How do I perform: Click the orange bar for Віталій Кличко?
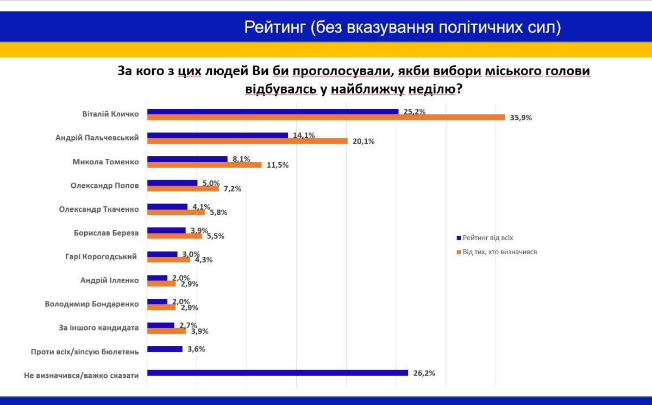[326, 117]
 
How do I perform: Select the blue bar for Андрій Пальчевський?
[217, 135]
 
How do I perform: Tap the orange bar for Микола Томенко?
[204, 164]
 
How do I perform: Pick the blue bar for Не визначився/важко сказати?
[277, 373]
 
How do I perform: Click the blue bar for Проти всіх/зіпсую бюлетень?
[165, 349]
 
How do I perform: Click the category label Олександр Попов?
[105, 185]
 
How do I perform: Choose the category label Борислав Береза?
[106, 233]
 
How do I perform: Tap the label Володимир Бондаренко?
[92, 304]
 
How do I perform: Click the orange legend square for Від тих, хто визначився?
[459, 252]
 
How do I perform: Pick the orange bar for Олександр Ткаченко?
[176, 212]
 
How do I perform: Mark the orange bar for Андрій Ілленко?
[161, 284]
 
